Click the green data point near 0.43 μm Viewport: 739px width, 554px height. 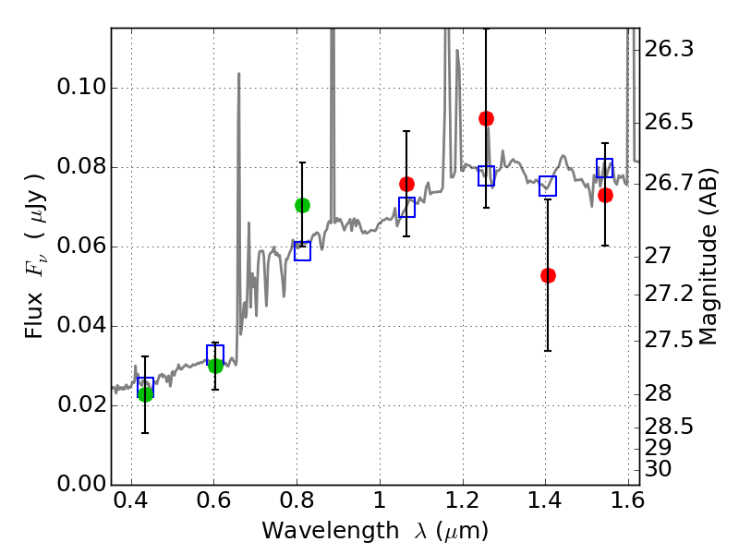pos(145,394)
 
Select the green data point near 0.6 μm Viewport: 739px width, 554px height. pos(215,366)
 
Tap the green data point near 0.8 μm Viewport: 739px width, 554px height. pos(302,205)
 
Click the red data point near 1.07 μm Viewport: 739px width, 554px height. pos(406,184)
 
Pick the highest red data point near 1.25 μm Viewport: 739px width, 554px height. pos(486,118)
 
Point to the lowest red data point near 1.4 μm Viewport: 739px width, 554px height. pos(548,275)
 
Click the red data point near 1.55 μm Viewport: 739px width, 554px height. pos(605,195)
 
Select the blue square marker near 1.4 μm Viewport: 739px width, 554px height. pos(548,186)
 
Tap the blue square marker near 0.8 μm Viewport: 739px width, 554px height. pos(302,251)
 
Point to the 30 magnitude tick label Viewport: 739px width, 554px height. pos(660,469)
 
